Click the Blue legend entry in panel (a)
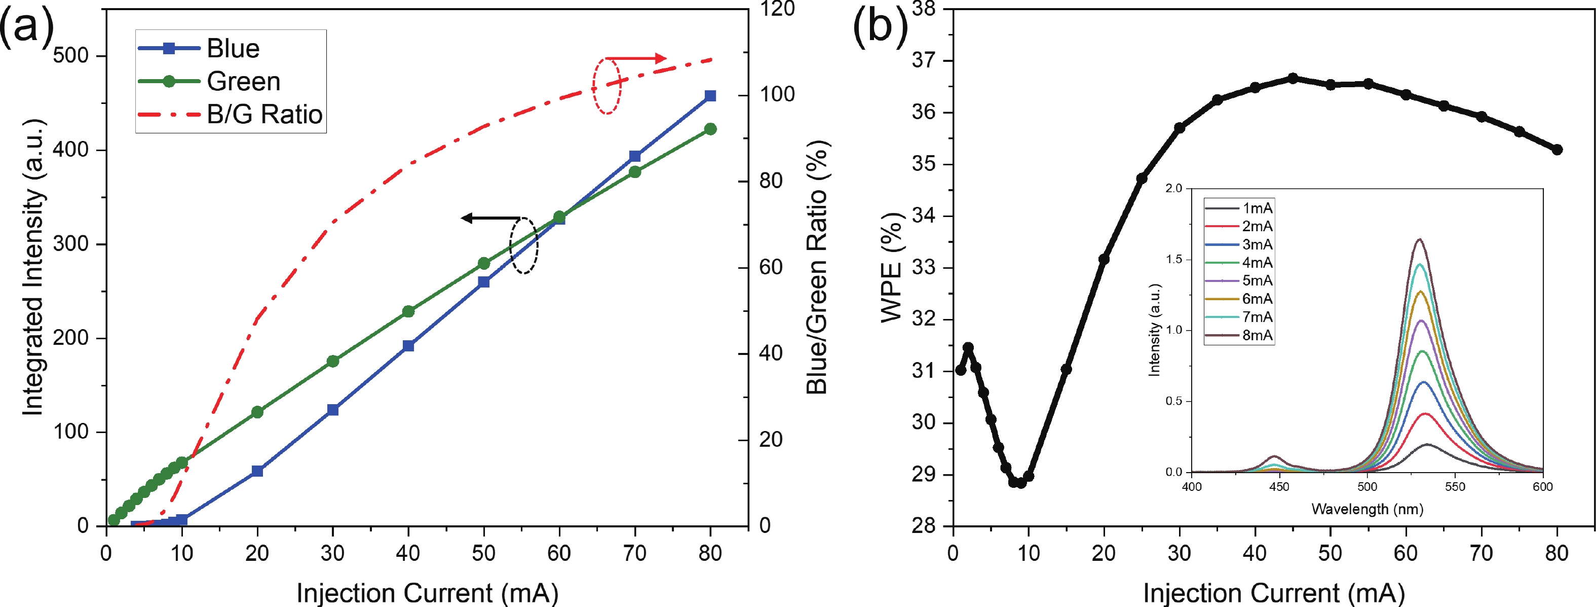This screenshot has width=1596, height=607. [233, 48]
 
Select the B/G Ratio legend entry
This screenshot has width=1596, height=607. [264, 115]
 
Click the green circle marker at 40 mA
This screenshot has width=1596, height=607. [408, 311]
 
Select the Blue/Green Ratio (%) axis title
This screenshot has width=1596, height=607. [817, 267]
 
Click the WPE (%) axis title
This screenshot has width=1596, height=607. [892, 267]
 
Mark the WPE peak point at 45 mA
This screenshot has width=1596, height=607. [1293, 78]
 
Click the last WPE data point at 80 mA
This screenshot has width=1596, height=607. [1557, 150]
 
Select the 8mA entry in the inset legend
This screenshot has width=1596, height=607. [1257, 335]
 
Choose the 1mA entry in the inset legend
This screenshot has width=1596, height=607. [1257, 208]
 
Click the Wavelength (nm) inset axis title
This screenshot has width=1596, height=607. [1367, 509]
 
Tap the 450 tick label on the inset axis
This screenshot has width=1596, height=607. [1279, 487]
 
